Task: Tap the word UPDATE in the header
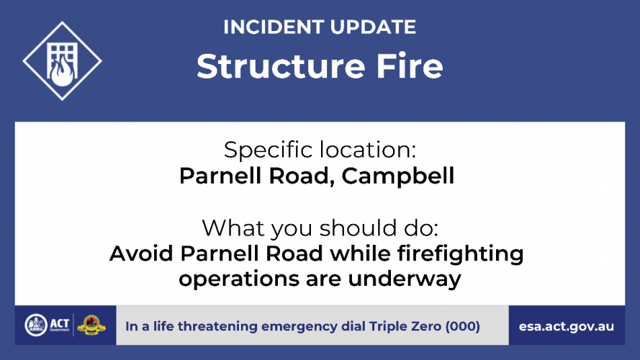pyautogui.click(x=373, y=27)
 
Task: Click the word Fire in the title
pyautogui.click(x=410, y=66)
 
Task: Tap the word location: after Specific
pyautogui.click(x=368, y=149)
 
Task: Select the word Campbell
pyautogui.click(x=398, y=176)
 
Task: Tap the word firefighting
pyautogui.click(x=461, y=254)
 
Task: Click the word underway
pyautogui.click(x=405, y=279)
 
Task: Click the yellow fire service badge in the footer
pyautogui.click(x=91, y=325)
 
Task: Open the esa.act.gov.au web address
pyautogui.click(x=567, y=327)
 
